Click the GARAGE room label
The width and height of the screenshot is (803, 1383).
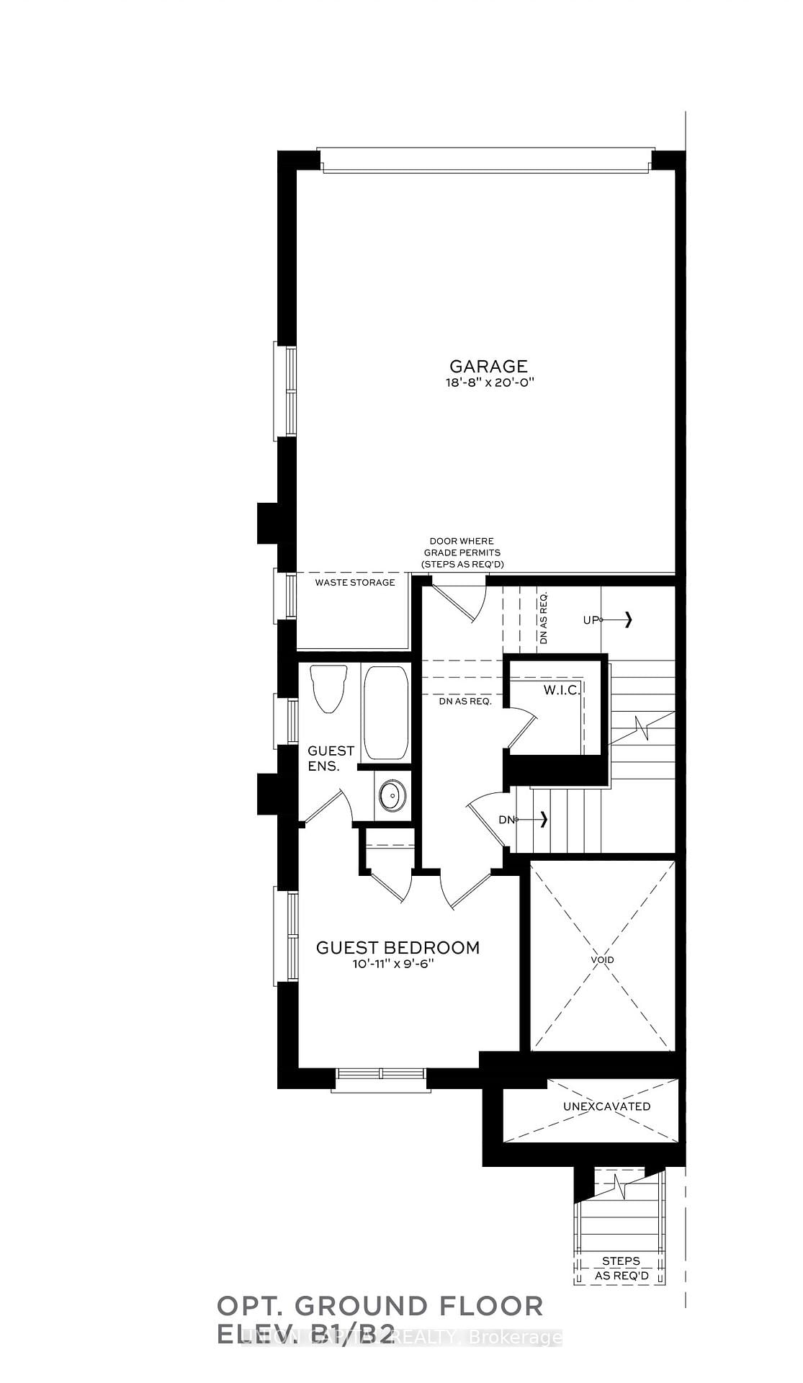coord(488,366)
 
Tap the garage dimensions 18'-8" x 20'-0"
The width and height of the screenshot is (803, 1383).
coord(488,383)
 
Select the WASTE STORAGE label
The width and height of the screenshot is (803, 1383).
coord(355,582)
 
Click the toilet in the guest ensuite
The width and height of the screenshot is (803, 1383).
coord(328,688)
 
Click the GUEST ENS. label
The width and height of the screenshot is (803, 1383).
coord(331,758)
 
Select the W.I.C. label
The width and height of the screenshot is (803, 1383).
coord(562,690)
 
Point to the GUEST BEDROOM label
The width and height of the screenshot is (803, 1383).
coord(398,947)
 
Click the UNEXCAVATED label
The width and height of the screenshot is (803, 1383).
coord(607,1106)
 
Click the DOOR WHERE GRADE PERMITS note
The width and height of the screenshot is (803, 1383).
coord(462,552)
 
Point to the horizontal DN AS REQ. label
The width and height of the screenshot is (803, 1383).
coord(465,701)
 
